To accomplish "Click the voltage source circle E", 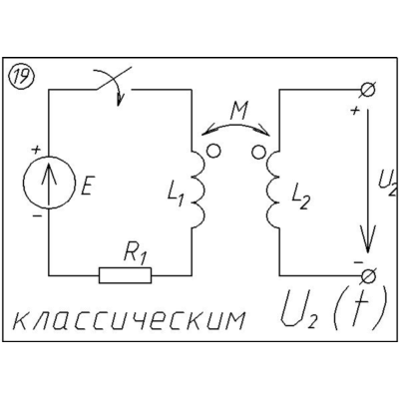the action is click(x=49, y=183).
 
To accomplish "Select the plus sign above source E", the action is click(x=36, y=150).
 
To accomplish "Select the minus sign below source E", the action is click(x=37, y=216).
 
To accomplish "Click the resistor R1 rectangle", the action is click(x=125, y=275).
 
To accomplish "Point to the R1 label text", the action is click(x=136, y=256).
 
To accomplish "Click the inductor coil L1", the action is click(x=199, y=190).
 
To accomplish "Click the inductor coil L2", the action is click(x=272, y=190).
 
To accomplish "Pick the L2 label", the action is click(x=300, y=198).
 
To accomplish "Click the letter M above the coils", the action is click(x=238, y=112).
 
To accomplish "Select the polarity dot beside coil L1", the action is click(x=213, y=152).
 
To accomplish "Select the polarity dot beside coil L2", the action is click(x=259, y=152).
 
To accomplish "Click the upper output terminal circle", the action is click(x=368, y=90).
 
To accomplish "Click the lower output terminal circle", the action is click(x=368, y=276).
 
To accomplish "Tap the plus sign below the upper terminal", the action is click(x=355, y=110).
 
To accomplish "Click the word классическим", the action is click(x=129, y=319).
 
